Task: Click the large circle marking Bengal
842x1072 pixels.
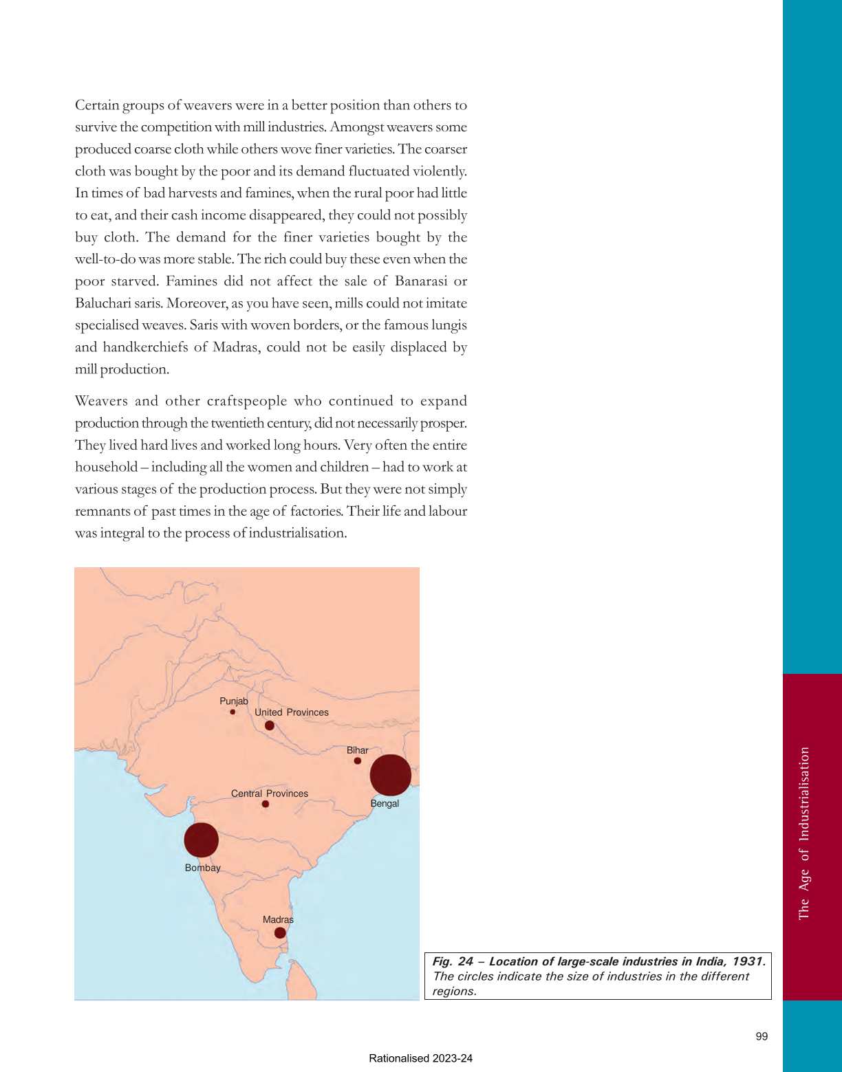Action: (x=390, y=775)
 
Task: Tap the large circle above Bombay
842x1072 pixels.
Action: (x=202, y=840)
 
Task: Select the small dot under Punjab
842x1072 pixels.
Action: (x=233, y=712)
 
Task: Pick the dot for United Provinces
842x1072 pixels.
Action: (x=270, y=725)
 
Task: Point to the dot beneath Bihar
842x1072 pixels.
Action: (x=358, y=761)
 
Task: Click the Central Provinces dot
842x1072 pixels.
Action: (x=266, y=804)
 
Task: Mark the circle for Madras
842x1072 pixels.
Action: (x=280, y=933)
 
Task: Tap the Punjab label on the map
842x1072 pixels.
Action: (x=234, y=701)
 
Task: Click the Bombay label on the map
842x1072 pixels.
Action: (x=203, y=868)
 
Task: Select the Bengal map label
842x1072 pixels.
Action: (x=385, y=803)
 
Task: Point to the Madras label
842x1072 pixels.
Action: (x=278, y=919)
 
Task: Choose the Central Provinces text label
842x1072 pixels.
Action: (x=270, y=794)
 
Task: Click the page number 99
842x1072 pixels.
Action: (x=762, y=1036)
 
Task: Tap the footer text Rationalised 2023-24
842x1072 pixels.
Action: (x=420, y=1059)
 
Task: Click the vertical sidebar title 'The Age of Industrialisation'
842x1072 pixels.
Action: (x=804, y=833)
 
